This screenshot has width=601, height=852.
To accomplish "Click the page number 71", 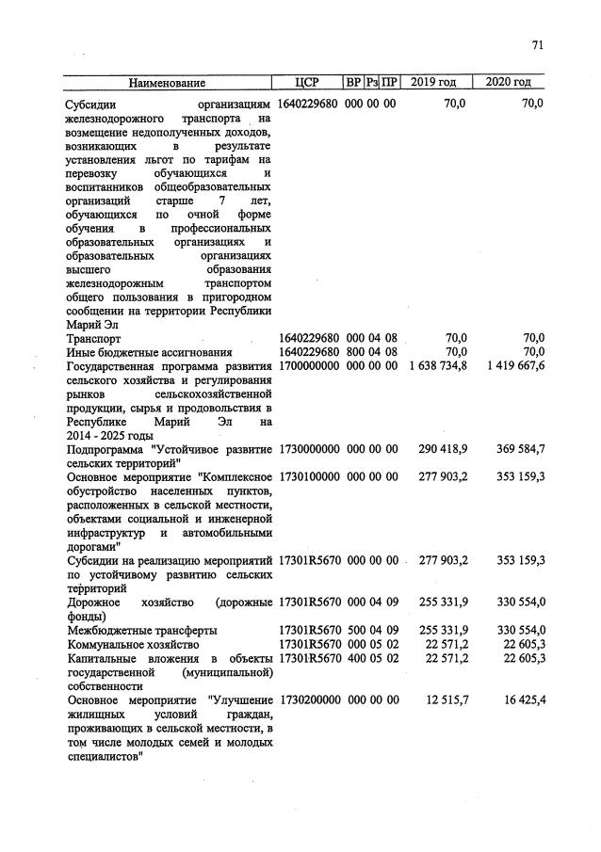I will [538, 44].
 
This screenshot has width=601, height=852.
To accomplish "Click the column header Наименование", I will [167, 82].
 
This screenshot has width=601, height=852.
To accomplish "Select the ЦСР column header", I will [308, 82].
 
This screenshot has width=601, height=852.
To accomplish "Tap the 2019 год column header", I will [432, 82].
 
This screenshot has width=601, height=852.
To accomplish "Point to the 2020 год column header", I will [509, 82].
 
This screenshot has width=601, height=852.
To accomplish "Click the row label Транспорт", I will [94, 337].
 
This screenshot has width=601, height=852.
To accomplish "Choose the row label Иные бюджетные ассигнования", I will [142, 351].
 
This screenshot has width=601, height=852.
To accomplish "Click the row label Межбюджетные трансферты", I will [142, 630].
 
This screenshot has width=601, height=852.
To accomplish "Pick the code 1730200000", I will [308, 699].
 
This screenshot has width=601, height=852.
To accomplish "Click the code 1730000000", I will [308, 449].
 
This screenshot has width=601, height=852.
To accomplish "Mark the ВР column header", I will [354, 82].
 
